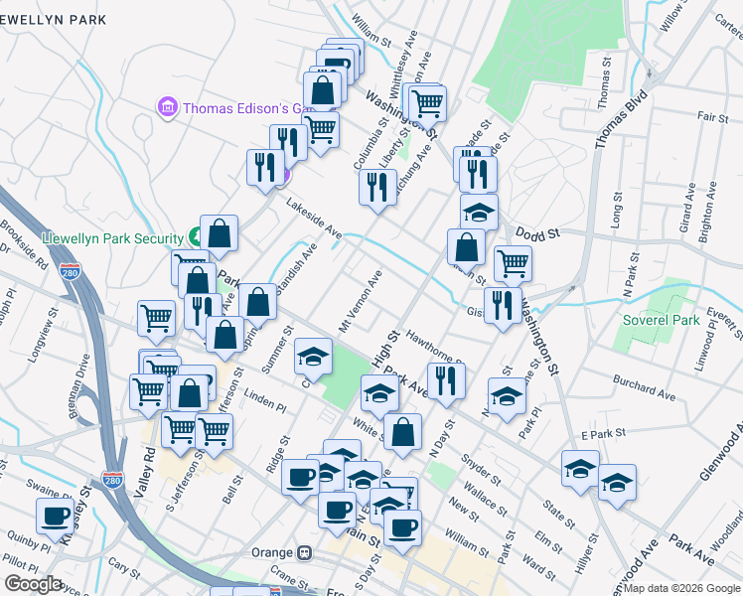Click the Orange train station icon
[306, 552]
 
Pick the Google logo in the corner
[32, 584]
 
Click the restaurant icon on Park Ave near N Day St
[446, 380]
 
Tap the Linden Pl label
[265, 406]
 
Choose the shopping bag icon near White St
[402, 431]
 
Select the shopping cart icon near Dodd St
[513, 263]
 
